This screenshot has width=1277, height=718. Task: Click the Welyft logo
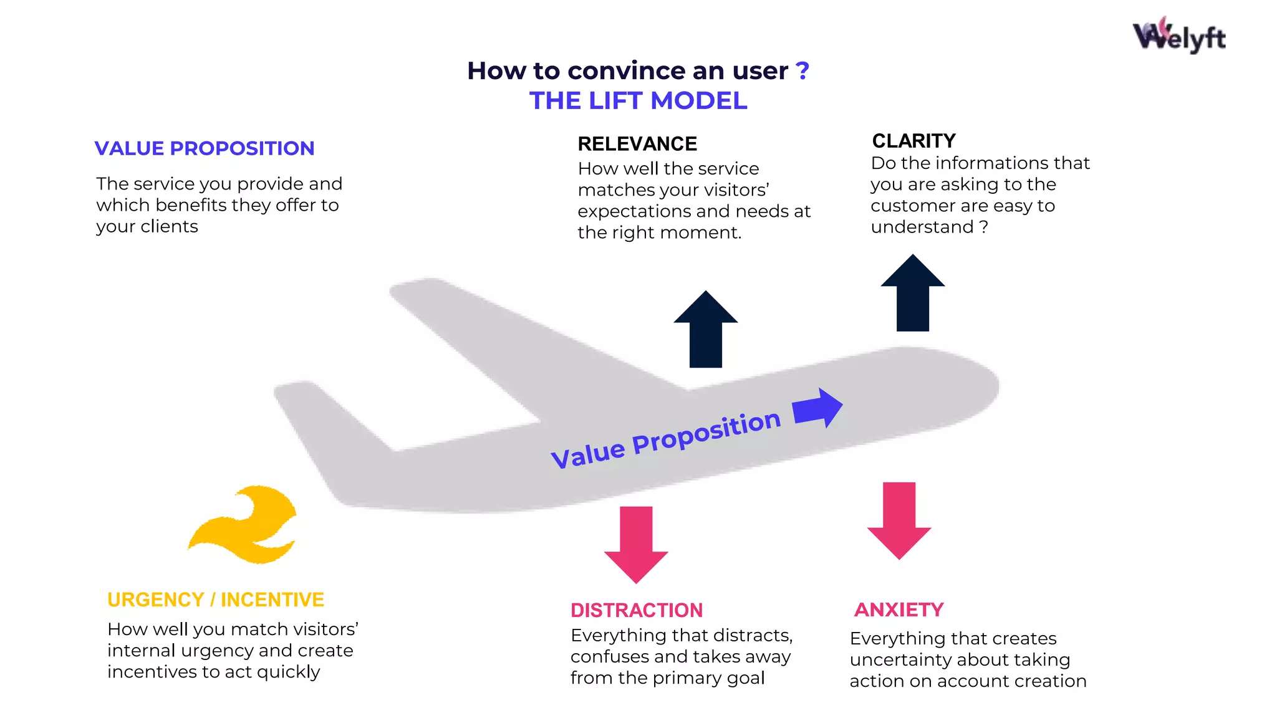(x=1178, y=36)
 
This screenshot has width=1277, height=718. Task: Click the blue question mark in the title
(x=802, y=70)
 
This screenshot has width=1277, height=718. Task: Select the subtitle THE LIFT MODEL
(x=638, y=100)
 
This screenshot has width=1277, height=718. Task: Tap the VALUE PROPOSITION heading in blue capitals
(x=205, y=148)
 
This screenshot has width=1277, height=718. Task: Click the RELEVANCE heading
(x=637, y=144)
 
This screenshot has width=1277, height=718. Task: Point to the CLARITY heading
(x=913, y=141)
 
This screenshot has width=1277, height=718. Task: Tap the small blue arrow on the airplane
(x=817, y=409)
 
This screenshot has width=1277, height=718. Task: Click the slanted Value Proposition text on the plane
(x=665, y=439)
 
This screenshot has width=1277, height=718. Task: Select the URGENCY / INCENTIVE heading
(x=216, y=600)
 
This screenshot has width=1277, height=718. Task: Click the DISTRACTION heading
(x=636, y=610)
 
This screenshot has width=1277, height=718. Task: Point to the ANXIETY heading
(x=899, y=610)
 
